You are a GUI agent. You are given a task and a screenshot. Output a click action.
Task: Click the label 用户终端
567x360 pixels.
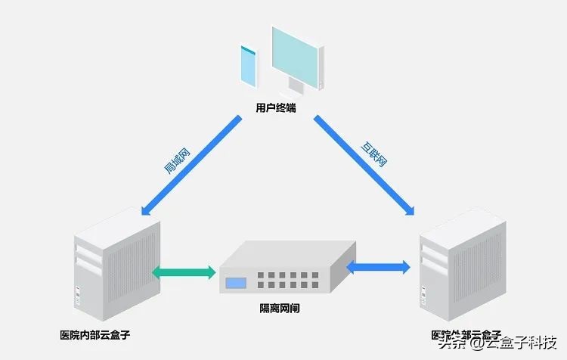(276, 108)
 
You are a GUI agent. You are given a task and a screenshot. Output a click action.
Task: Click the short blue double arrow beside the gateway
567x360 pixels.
(379, 267)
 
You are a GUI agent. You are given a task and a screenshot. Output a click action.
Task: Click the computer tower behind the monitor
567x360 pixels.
(321, 64)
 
